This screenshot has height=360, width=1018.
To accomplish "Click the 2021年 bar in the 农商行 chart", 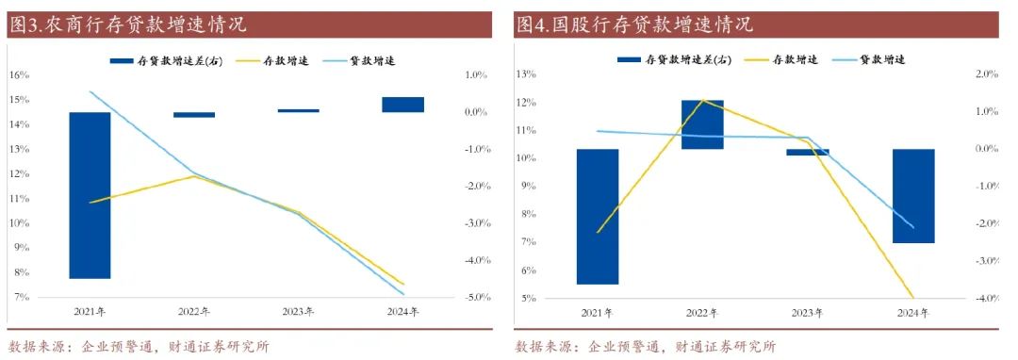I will click(x=90, y=195).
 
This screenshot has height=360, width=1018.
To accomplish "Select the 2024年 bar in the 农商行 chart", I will click(x=402, y=104).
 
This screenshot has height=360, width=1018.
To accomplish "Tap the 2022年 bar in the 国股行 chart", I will click(x=703, y=124).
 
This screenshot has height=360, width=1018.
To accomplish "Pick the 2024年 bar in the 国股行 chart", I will click(x=913, y=196).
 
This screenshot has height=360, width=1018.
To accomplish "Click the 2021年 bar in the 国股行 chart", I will click(x=598, y=217).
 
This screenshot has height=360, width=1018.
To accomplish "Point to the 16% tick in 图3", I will click(x=20, y=74).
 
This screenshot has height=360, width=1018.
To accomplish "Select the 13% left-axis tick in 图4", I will click(x=527, y=74).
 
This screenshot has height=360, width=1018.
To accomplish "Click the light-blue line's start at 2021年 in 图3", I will click(x=90, y=91).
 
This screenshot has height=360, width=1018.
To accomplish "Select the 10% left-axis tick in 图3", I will click(x=20, y=223).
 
